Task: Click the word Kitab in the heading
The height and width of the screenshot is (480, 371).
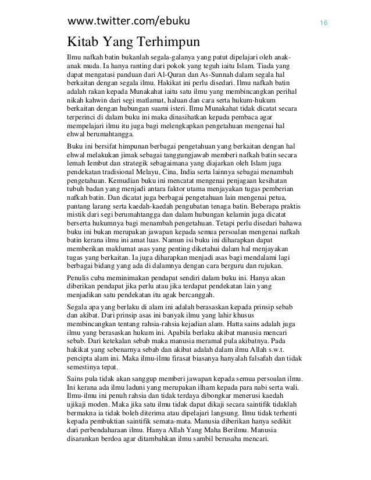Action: click(83, 43)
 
